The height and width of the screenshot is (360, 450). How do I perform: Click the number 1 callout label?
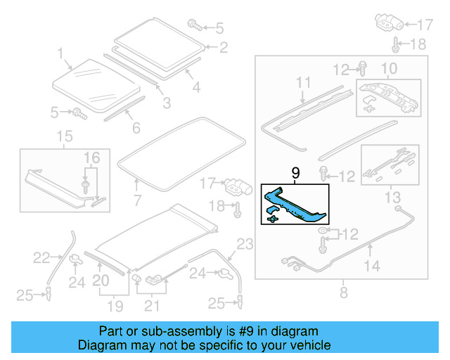pyautogui.click(x=60, y=53)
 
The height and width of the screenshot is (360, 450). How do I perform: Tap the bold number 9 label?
pyautogui.click(x=295, y=173)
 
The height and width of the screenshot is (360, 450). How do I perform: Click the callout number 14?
pyautogui.click(x=371, y=266)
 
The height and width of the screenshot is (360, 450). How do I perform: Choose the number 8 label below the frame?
pyautogui.click(x=343, y=293)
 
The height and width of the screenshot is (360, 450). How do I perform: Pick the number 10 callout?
pyautogui.click(x=389, y=69)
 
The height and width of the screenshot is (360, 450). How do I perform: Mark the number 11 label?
pyautogui.click(x=302, y=84)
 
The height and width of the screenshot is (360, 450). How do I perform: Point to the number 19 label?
pyautogui.click(x=115, y=307)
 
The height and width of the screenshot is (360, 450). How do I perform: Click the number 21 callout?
pyautogui.click(x=152, y=307)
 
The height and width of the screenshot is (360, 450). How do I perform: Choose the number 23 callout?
pyautogui.click(x=243, y=245)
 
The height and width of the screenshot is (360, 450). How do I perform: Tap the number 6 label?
pyautogui.click(x=136, y=128)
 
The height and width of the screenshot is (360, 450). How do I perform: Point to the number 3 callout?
pyautogui.click(x=167, y=103)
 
